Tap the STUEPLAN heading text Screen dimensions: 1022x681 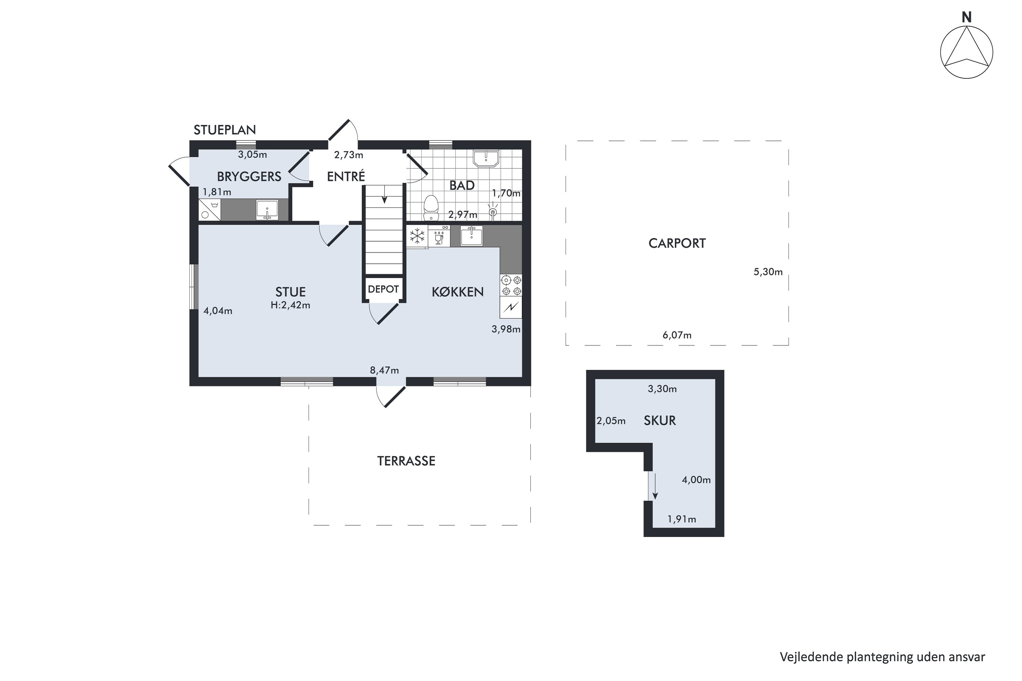[224, 130]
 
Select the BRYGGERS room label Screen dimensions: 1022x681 [249, 176]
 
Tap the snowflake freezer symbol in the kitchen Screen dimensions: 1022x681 [417, 237]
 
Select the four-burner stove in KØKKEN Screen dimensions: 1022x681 [511, 285]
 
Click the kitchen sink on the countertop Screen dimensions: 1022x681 [471, 236]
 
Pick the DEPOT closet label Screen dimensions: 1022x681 [383, 289]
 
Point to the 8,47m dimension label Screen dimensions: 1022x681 [384, 370]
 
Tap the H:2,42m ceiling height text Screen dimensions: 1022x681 [290, 305]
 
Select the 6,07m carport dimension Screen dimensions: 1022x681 [677, 335]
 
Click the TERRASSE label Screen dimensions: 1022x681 [406, 461]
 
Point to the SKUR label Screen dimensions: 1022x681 [660, 421]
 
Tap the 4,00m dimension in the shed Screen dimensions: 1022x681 [696, 480]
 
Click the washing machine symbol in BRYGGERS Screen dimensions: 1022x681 [210, 210]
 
